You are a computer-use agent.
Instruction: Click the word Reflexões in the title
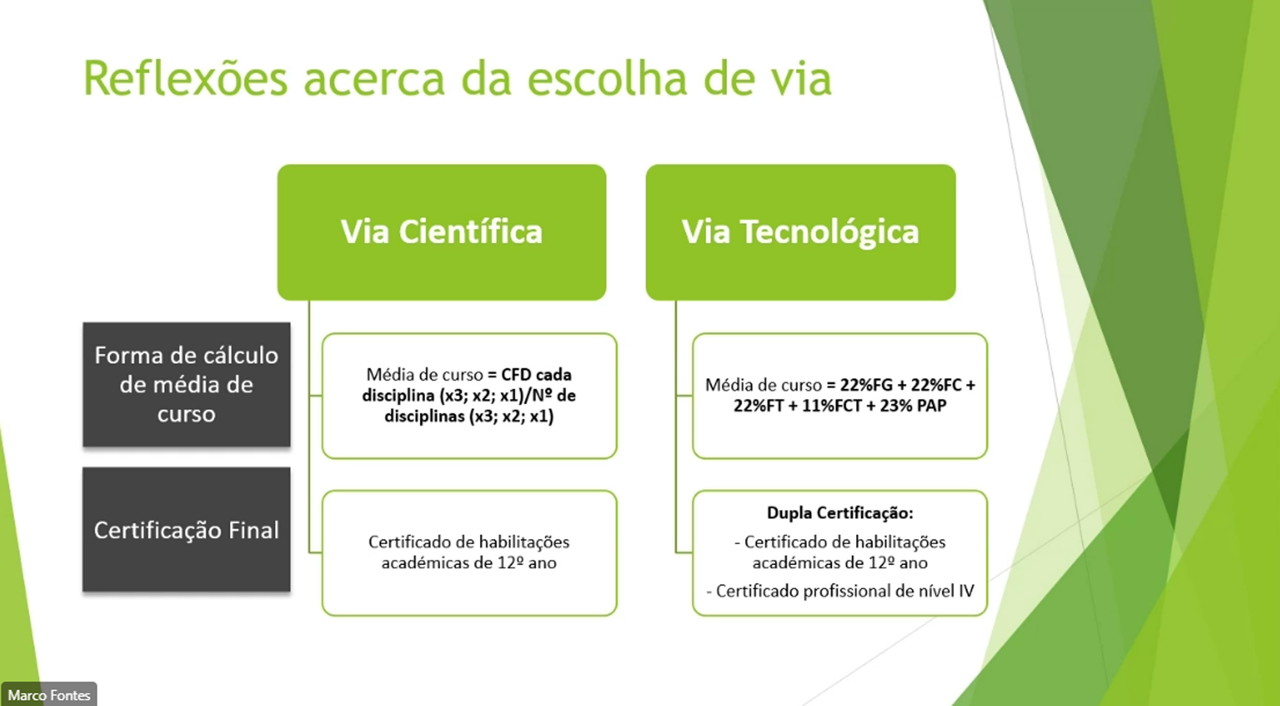(x=185, y=79)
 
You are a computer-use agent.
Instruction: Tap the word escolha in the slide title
(x=607, y=79)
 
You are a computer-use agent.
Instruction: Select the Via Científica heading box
(x=442, y=232)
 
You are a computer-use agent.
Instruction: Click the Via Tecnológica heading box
(x=801, y=232)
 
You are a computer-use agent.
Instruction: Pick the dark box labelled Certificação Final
(x=186, y=529)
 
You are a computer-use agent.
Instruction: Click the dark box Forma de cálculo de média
(x=186, y=384)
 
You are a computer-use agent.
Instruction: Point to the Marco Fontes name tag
(x=49, y=695)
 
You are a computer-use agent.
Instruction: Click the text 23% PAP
(x=913, y=406)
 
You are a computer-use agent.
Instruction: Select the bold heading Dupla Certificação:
(x=840, y=512)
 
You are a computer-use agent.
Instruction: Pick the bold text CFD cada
(x=536, y=375)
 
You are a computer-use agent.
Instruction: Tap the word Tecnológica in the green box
(x=831, y=232)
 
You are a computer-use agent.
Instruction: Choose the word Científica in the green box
(x=471, y=232)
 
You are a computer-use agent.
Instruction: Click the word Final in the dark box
(x=254, y=530)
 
